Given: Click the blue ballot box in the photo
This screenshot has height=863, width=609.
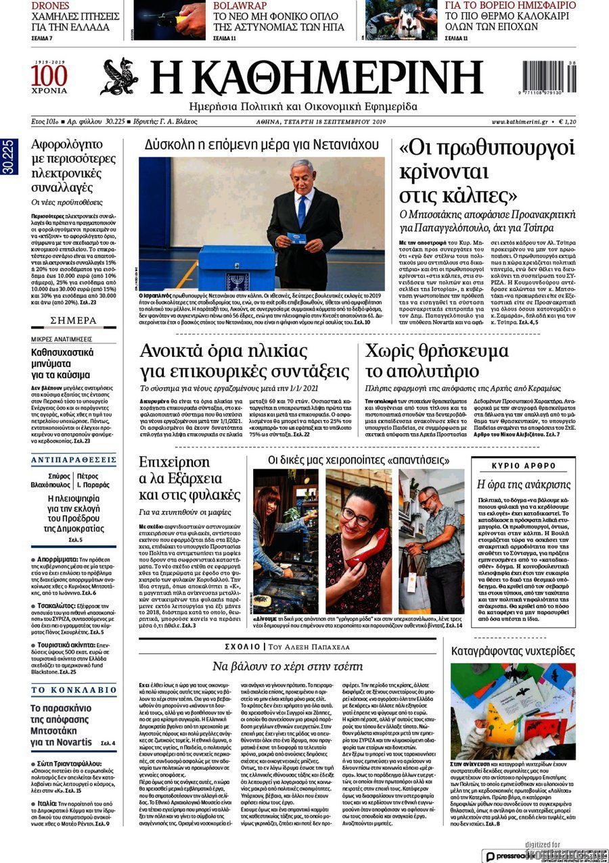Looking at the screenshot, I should point(236,268).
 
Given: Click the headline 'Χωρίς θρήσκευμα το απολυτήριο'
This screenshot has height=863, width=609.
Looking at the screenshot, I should point(436,361).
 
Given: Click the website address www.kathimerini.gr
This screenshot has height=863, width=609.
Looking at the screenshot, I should point(520,122).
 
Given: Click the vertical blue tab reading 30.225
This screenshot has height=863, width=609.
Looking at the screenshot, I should point(9,157).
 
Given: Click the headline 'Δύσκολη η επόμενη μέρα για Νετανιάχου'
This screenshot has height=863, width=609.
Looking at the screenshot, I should point(261,144).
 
